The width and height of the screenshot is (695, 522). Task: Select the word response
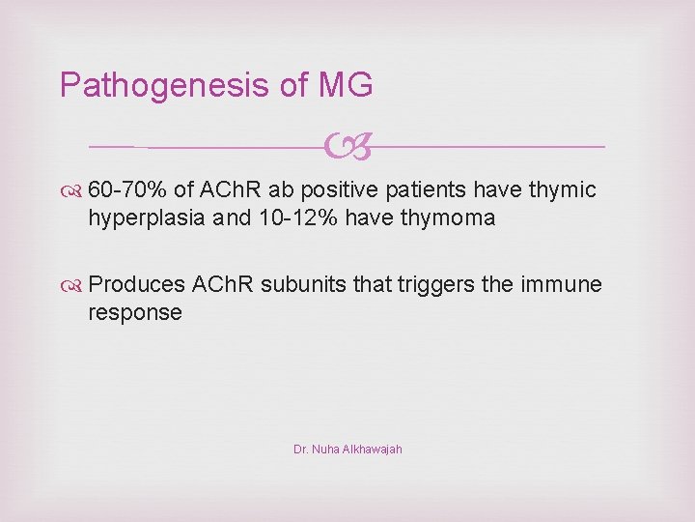[135, 312]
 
